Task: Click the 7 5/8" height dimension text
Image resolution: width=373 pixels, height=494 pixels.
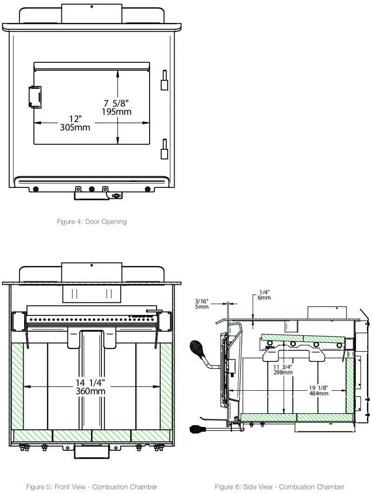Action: click(x=116, y=103)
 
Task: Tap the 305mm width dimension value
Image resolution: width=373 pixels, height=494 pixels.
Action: click(x=75, y=127)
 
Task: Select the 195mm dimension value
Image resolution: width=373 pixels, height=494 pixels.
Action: click(x=116, y=112)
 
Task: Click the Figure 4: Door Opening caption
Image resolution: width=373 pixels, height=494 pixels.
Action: click(x=92, y=221)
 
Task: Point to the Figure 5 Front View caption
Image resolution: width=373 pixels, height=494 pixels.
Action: click(x=92, y=487)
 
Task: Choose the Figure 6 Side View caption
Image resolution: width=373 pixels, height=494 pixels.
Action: click(x=280, y=487)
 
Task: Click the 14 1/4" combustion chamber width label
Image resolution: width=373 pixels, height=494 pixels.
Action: click(x=91, y=382)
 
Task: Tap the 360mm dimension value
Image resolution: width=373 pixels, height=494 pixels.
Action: click(x=91, y=391)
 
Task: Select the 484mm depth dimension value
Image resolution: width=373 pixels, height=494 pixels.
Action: click(x=319, y=393)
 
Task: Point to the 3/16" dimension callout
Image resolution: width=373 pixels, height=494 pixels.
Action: click(x=202, y=301)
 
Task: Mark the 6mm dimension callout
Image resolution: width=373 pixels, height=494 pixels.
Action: click(x=264, y=298)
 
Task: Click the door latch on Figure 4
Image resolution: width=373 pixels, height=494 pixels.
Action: click(x=34, y=96)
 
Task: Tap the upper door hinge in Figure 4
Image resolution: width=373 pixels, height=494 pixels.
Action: click(x=164, y=80)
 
